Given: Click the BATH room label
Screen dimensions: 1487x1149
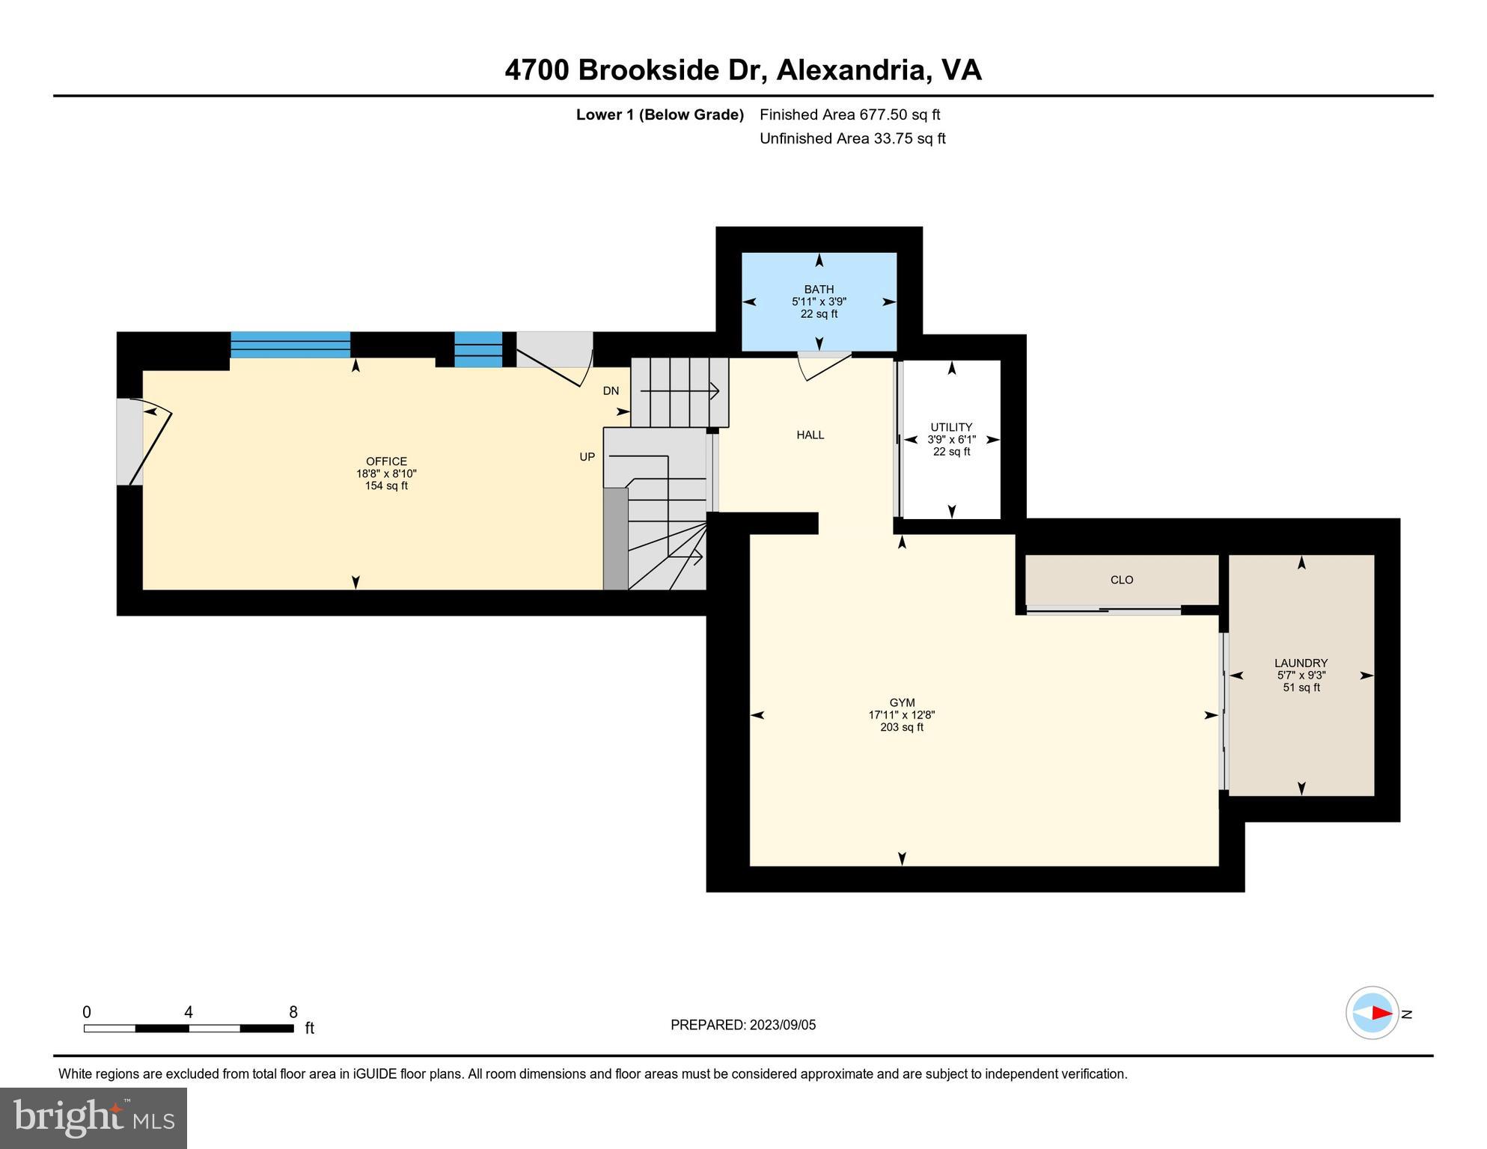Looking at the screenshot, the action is (819, 289).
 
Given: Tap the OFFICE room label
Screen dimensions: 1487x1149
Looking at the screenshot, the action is (386, 462).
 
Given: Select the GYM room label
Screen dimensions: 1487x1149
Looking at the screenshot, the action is (902, 702).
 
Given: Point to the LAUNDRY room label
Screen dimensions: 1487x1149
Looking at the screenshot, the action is (1301, 663).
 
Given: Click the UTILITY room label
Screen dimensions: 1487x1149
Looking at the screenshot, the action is (951, 428).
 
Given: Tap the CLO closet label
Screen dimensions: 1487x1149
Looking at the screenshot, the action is (1122, 580).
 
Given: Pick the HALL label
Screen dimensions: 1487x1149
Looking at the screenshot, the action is (810, 435).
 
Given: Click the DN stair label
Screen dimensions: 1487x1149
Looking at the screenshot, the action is (611, 390).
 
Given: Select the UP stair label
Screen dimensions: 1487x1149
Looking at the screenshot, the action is (587, 456).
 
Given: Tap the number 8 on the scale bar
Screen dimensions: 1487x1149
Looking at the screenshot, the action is (293, 1012).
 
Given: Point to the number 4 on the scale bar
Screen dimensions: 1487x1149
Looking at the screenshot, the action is (189, 1012).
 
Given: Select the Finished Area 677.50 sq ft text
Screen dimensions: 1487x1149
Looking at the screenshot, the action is (850, 114).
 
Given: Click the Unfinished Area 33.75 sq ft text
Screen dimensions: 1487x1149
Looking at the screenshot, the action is (853, 138).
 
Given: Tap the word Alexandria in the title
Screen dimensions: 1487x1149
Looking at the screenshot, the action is (853, 70).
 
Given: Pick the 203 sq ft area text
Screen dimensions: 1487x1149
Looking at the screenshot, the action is (902, 727).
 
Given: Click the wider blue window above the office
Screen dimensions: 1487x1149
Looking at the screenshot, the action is (290, 345).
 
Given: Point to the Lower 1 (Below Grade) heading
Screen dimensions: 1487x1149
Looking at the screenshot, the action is (660, 114).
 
